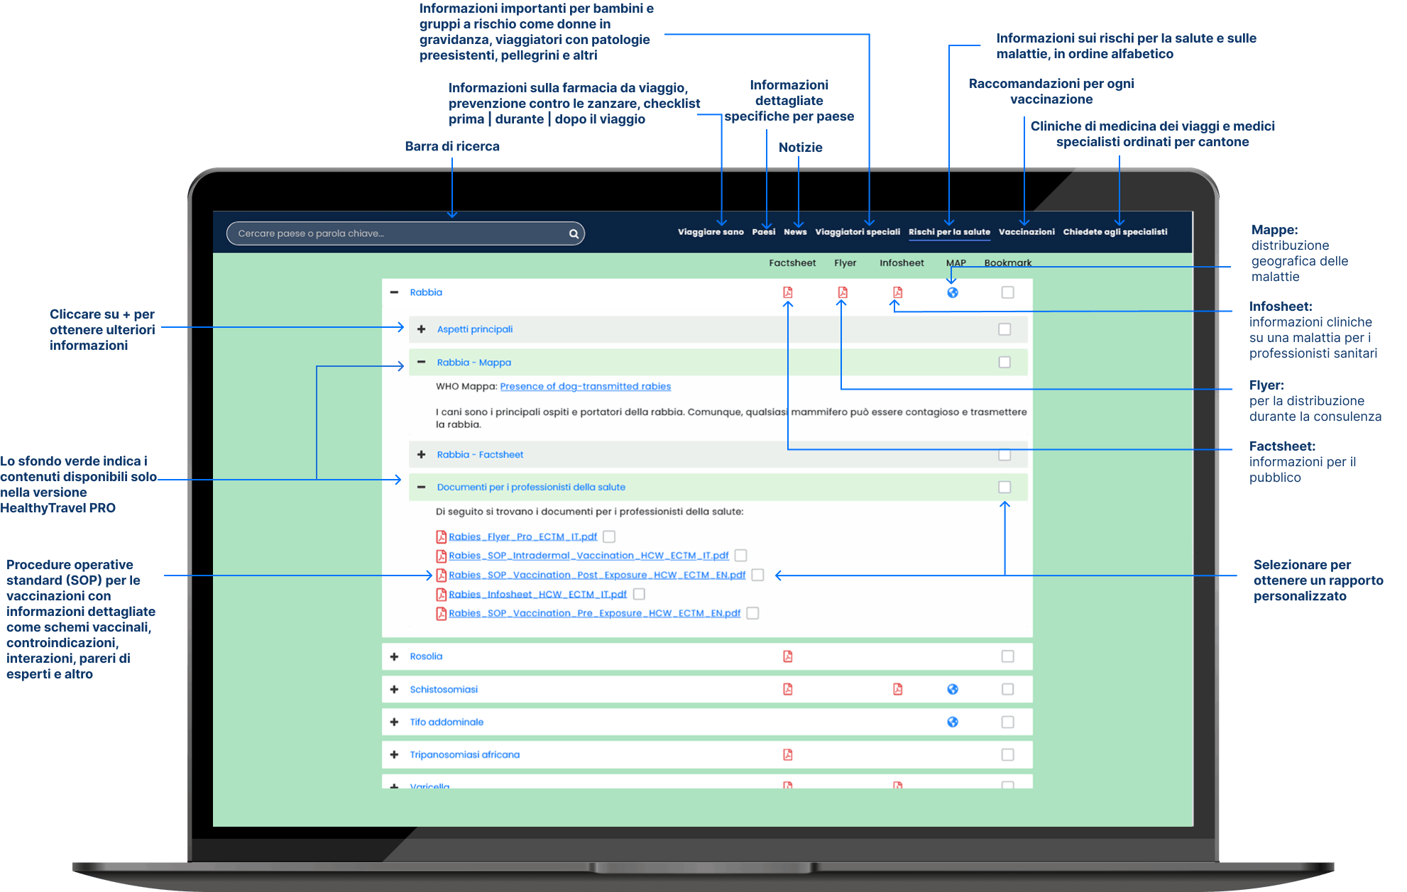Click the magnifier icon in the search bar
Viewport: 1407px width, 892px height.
pos(574,233)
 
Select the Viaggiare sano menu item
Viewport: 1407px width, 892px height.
pos(711,232)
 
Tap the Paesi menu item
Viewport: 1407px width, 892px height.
pos(764,232)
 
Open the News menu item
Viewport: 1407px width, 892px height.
pos(795,232)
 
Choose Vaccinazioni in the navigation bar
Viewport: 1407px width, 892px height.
pos(1026,232)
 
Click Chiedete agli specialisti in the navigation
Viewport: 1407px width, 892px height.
pos(1115,232)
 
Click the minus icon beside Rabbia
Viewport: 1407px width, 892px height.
pos(394,292)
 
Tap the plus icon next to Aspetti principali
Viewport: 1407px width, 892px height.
pos(422,329)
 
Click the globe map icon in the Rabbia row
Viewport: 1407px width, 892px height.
pos(953,292)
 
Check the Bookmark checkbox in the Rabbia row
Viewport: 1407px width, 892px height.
pos(1007,292)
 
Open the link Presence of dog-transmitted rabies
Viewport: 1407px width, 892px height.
pos(586,387)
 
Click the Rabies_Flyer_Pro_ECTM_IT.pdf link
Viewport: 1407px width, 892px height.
pos(522,537)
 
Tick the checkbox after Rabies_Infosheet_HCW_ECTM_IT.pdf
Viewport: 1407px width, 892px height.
pos(639,594)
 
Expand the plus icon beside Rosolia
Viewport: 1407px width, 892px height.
pos(394,656)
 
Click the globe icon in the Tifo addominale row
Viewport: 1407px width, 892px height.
pos(953,722)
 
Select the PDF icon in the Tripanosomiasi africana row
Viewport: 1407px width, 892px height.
pos(787,754)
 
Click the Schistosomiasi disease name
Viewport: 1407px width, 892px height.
pos(444,689)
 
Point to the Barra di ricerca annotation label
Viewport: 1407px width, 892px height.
pos(452,146)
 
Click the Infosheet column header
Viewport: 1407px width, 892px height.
pos(902,263)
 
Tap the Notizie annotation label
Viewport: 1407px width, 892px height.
pos(800,148)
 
